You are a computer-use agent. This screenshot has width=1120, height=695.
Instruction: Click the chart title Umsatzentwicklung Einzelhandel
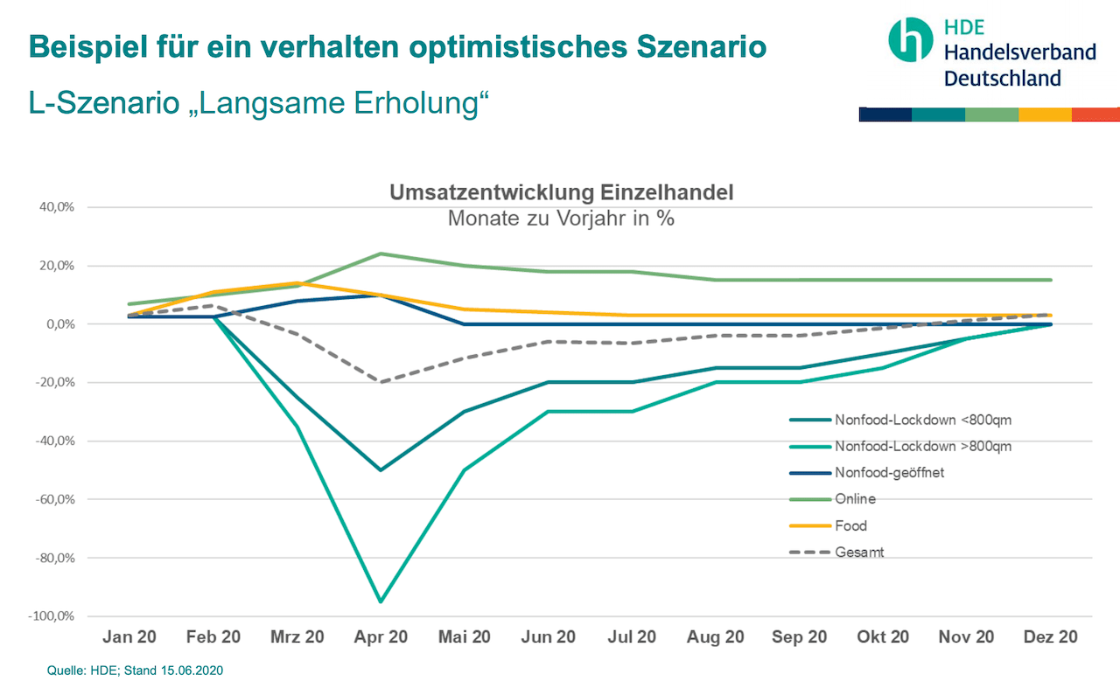[x=561, y=193]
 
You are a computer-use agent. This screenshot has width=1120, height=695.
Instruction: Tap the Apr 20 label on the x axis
[x=381, y=637]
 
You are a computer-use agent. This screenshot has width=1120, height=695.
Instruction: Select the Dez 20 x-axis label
[x=1050, y=637]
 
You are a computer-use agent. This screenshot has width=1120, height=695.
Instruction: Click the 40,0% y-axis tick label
[x=54, y=207]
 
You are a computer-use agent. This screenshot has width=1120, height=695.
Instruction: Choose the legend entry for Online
[x=854, y=499]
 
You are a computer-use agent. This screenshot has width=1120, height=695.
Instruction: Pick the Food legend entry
[x=850, y=525]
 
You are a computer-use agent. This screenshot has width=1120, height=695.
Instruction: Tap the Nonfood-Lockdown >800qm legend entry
[x=923, y=446]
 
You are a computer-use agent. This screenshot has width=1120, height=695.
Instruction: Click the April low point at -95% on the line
[x=381, y=601]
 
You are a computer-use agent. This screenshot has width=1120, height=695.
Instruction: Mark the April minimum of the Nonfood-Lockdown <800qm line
[x=381, y=470]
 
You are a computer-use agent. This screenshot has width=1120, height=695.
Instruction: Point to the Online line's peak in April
[x=381, y=254]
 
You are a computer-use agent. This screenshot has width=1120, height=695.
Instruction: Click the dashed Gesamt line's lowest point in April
[x=381, y=382]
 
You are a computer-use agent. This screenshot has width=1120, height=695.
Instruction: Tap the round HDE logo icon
[x=910, y=38]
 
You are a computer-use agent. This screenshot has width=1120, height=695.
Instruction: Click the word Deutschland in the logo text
[x=1002, y=78]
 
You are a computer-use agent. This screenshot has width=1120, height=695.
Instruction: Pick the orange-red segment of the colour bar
[x=1095, y=115]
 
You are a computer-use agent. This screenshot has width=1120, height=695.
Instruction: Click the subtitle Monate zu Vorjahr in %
[x=561, y=219]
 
